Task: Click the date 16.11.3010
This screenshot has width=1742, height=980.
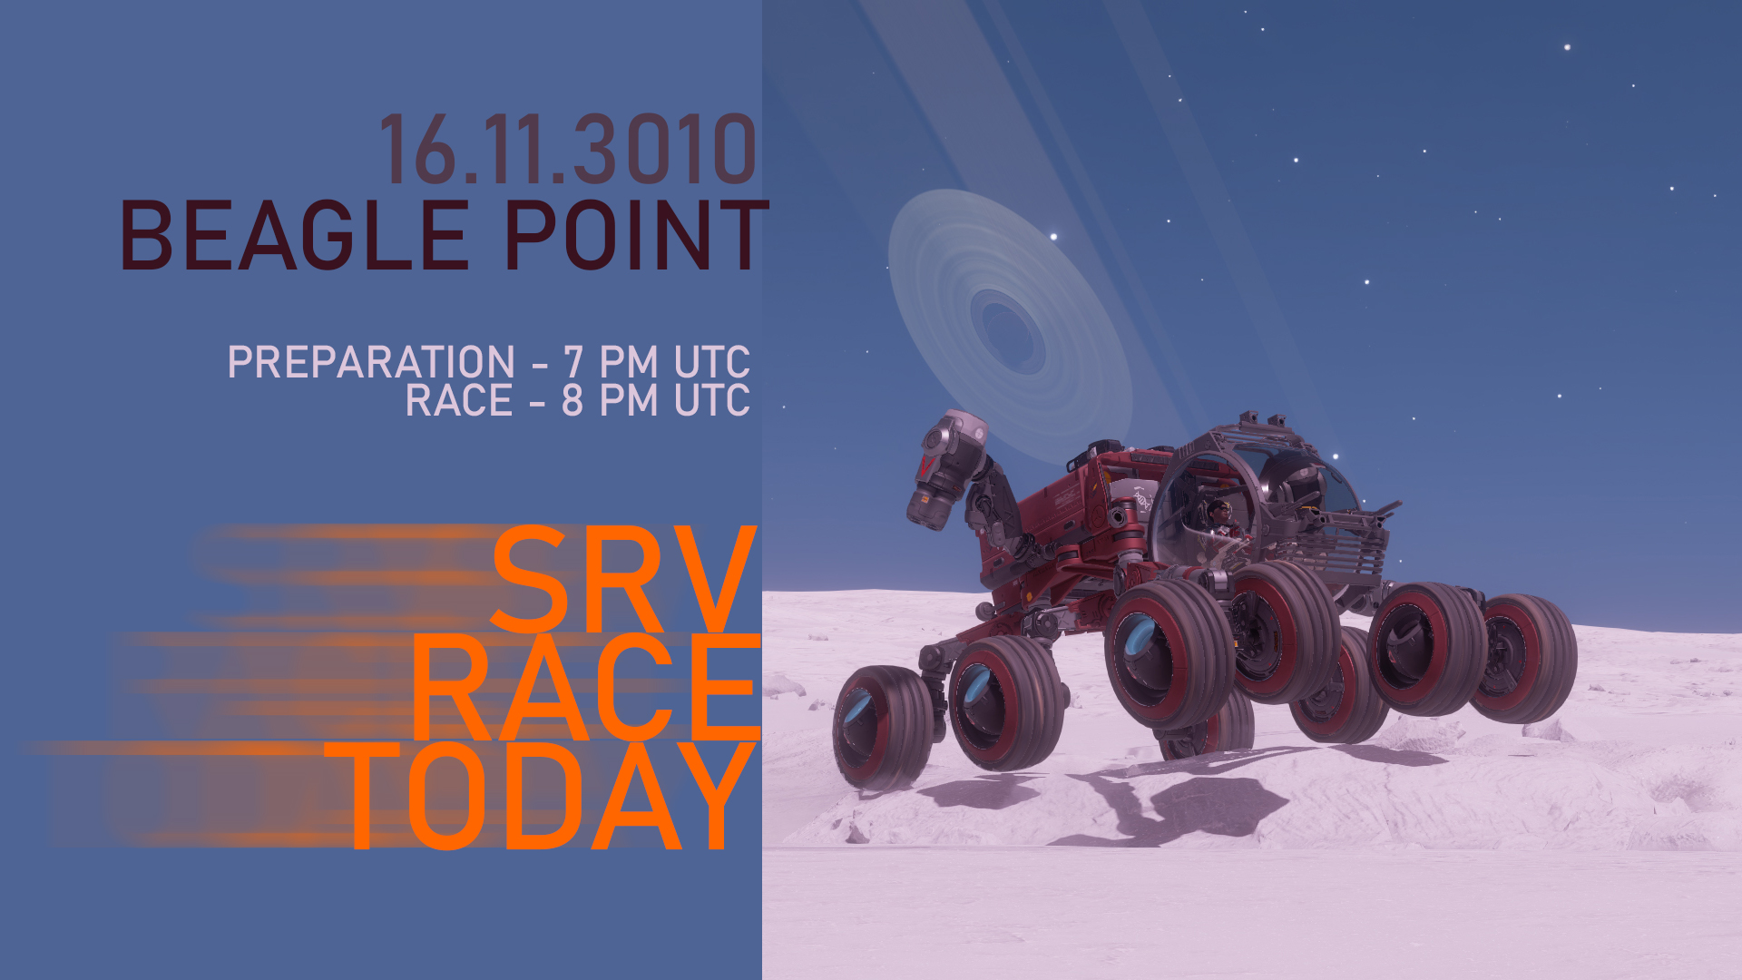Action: (x=567, y=149)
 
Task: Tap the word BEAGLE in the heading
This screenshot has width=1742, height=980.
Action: (x=295, y=235)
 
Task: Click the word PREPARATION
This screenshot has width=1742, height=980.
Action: (x=371, y=362)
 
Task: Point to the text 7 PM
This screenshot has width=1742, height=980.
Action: (x=610, y=362)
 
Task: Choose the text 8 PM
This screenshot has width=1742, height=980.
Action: (x=610, y=400)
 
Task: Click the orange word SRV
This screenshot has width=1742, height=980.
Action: (x=623, y=580)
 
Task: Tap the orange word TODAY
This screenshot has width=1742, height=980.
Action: (x=541, y=796)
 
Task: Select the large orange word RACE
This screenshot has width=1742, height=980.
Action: (x=586, y=688)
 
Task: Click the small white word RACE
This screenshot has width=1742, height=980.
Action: (x=459, y=400)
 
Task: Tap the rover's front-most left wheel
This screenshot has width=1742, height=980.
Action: (x=882, y=727)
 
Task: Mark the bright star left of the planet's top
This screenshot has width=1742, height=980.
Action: (x=1053, y=237)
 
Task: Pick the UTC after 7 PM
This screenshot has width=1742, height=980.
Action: (x=711, y=362)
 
